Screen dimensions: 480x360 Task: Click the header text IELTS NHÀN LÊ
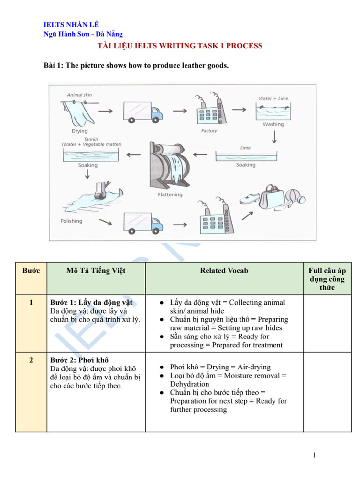pyautogui.click(x=71, y=25)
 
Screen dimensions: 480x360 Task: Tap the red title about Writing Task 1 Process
pyautogui.click(x=180, y=46)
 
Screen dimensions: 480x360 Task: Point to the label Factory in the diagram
pyautogui.click(x=209, y=131)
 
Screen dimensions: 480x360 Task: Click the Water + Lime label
pyautogui.click(x=273, y=99)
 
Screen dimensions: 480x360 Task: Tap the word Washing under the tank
pyautogui.click(x=273, y=124)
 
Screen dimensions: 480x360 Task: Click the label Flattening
pyautogui.click(x=170, y=194)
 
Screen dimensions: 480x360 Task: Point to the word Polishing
pyautogui.click(x=71, y=221)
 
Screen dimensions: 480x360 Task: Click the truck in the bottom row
pyautogui.click(x=142, y=223)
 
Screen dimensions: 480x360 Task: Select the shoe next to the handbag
pyautogui.click(x=250, y=198)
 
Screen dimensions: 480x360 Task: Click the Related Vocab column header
pyautogui.click(x=224, y=270)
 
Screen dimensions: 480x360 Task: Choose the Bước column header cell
pyautogui.click(x=31, y=270)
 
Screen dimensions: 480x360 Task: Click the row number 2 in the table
pyautogui.click(x=31, y=360)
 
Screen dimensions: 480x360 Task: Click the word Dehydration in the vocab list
pyautogui.click(x=189, y=384)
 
